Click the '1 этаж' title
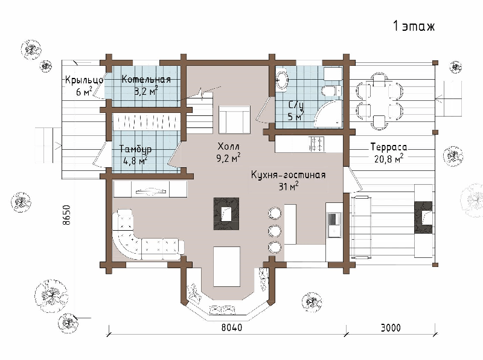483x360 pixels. point(414,26)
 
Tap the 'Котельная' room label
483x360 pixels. point(146,79)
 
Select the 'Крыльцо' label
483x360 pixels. point(84,80)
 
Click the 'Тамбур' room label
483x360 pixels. point(135,149)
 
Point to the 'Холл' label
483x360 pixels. point(228,146)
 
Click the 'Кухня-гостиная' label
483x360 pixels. point(288,175)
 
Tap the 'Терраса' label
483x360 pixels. point(388,147)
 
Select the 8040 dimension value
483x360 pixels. point(232,327)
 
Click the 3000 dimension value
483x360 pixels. point(391,327)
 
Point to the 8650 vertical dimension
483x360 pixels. point(66,215)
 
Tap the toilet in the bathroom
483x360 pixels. point(331,91)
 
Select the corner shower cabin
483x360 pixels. point(328,114)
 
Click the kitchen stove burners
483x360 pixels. point(317,144)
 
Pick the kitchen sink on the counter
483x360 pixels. point(334,225)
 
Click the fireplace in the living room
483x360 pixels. point(226,214)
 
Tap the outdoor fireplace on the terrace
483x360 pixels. point(423,217)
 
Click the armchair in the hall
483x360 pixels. point(234,120)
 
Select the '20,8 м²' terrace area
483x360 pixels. point(389,158)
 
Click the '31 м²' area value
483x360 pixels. point(289,186)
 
